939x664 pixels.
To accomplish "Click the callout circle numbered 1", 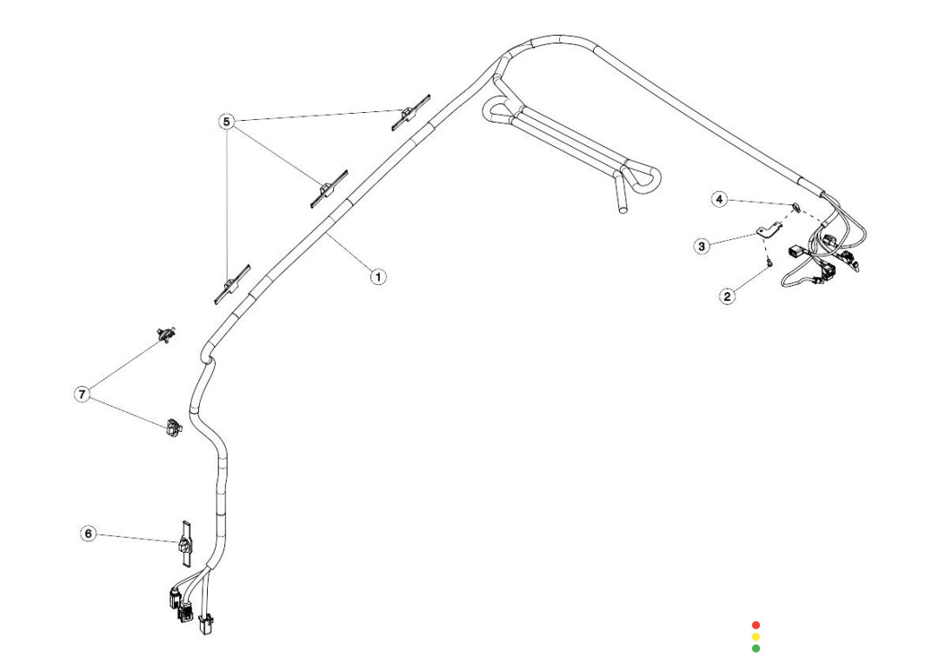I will (377, 277).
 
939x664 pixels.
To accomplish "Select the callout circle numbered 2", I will (727, 296).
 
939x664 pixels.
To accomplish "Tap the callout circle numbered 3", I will (702, 246).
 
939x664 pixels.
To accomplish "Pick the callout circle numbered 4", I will (719, 200).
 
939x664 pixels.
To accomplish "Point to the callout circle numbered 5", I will (227, 122).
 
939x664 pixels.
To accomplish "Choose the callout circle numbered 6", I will (89, 533).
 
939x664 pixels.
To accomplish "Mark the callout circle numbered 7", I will (82, 395).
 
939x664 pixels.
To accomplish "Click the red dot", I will (756, 625).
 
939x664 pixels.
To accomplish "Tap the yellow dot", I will (756, 637).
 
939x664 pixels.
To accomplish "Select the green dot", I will (756, 648).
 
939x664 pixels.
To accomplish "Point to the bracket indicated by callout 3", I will (768, 231).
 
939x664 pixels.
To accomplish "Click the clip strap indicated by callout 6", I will (185, 544).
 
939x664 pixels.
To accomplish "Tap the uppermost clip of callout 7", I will (164, 333).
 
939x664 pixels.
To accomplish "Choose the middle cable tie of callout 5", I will (328, 188).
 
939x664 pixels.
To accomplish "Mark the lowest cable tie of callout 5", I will (231, 284).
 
